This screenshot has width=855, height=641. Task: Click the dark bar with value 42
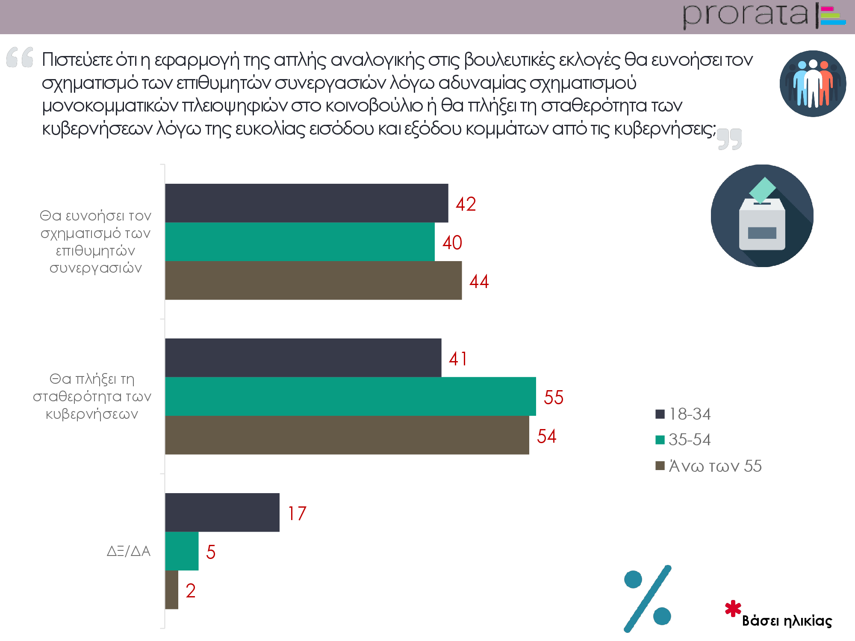coord(307,203)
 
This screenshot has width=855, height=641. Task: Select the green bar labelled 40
coord(300,242)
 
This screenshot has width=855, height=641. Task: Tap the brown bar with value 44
coord(313,280)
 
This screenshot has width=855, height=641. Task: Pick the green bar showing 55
coord(351,396)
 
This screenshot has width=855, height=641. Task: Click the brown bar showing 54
coord(347,435)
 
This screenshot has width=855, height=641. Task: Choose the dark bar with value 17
coord(222,512)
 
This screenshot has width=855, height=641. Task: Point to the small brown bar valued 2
coord(172,590)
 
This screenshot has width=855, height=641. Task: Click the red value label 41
coord(458,359)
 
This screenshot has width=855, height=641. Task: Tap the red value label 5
coord(211,552)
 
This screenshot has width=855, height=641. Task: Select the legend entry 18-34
coord(683,414)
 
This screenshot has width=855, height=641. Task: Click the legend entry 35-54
coord(683,440)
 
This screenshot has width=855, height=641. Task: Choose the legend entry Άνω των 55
coord(709,466)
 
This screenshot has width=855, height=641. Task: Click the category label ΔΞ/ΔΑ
coord(129,551)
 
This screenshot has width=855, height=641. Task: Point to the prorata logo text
coord(745,15)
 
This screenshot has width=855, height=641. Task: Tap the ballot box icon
coord(762,216)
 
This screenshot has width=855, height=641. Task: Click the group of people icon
coord(813,84)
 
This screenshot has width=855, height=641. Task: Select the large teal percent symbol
coord(648,598)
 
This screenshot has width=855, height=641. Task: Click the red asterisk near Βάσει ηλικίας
coord(733,609)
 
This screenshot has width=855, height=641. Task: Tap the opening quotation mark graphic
coord(20,57)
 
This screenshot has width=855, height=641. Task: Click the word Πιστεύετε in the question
coord(77,60)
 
